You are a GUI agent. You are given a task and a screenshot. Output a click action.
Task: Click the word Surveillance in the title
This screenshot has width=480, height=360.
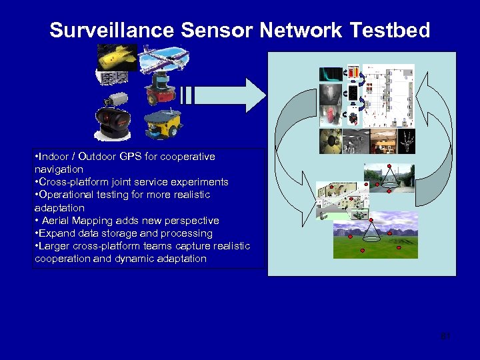(x=103, y=31)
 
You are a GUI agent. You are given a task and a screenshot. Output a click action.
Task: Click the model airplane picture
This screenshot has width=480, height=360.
(x=160, y=58)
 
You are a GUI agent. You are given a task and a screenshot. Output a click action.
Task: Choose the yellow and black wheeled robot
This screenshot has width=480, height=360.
(x=163, y=123)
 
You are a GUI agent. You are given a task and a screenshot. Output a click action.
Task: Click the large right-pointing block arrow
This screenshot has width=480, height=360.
(x=227, y=95)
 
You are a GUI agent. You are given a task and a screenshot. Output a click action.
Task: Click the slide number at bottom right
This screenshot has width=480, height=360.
(x=446, y=336)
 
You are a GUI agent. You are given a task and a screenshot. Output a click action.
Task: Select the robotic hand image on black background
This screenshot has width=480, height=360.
(x=405, y=141)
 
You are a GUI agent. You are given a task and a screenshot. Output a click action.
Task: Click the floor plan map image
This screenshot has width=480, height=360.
(x=387, y=95)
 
